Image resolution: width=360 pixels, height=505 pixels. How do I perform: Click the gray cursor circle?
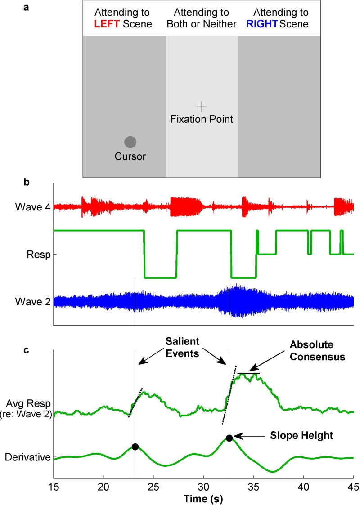[x=130, y=142]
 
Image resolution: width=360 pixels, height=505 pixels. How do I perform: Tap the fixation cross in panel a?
[x=202, y=107]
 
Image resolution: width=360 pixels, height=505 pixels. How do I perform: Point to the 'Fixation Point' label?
[x=202, y=120]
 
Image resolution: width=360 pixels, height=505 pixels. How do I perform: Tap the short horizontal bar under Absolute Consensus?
[x=248, y=373]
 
